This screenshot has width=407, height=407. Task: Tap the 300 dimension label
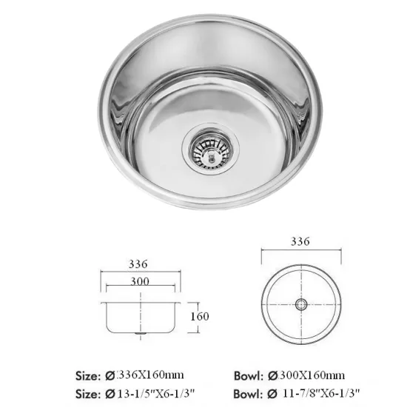click(x=140, y=281)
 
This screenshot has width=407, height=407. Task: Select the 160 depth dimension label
click(x=200, y=316)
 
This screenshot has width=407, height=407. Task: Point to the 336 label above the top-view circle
click(x=300, y=241)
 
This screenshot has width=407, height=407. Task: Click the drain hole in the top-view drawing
click(x=300, y=304)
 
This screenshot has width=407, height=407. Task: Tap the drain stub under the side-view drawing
click(x=141, y=334)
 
